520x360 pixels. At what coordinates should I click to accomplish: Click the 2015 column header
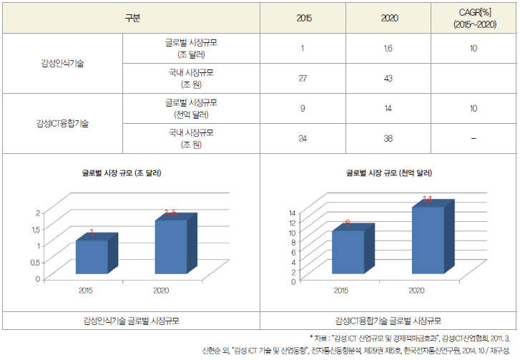coord(303,19)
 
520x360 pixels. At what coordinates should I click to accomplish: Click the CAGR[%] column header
coord(473,19)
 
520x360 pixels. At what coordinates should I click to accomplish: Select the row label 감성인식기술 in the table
coord(62,63)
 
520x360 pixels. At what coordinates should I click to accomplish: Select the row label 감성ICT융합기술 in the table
coord(63,122)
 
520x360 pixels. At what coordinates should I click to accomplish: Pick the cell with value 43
coord(388,78)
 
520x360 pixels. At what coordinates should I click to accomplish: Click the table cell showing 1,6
coord(388,48)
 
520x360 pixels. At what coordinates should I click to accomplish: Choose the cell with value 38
coord(388,137)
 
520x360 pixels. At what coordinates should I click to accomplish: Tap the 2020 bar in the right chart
coord(428,239)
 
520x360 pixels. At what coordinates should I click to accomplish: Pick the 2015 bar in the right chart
coord(347,251)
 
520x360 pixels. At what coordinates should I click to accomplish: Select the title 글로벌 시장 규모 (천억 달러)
coord(386,172)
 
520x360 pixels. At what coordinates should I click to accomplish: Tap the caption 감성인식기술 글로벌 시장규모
coord(129,321)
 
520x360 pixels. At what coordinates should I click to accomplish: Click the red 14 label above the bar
coord(427,200)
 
